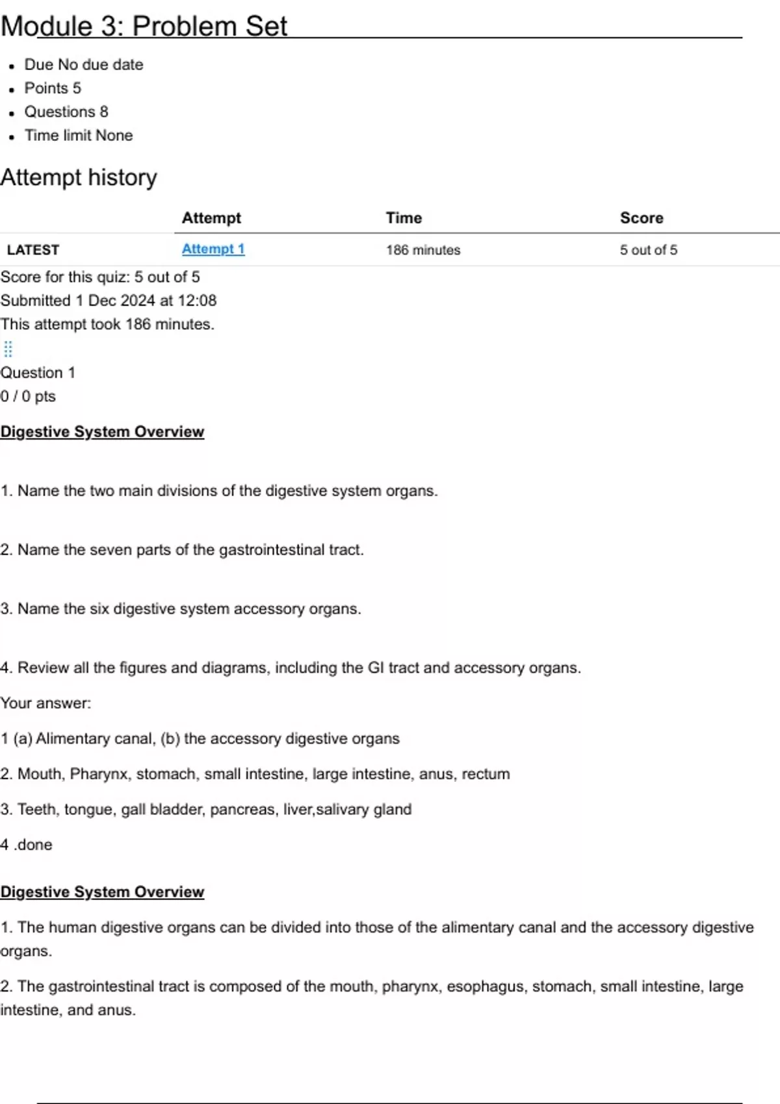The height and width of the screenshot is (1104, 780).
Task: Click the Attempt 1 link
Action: (x=213, y=249)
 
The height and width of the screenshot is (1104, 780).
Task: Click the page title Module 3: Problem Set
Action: (x=144, y=27)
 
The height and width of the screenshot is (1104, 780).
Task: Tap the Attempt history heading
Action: (x=79, y=177)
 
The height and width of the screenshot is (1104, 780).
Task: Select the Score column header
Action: (x=642, y=218)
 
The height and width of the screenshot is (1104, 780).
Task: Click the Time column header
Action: (x=404, y=218)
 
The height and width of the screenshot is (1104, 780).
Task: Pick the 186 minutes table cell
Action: (x=423, y=250)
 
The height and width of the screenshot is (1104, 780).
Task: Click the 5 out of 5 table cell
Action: (x=648, y=250)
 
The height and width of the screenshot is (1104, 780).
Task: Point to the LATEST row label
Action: (x=33, y=250)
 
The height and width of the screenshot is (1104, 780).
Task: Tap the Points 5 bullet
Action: (x=53, y=88)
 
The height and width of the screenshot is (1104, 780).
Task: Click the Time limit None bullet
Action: (x=79, y=136)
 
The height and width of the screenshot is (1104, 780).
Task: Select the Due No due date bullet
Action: (x=84, y=65)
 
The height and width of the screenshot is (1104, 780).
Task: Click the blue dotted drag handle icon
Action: (x=8, y=349)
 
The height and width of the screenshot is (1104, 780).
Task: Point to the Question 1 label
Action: (x=38, y=373)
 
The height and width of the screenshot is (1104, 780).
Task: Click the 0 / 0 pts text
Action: (x=28, y=396)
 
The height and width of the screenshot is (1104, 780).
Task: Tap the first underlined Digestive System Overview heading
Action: (x=102, y=432)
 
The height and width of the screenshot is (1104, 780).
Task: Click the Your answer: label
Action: (x=45, y=703)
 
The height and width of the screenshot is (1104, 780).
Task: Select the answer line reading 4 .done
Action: (x=27, y=845)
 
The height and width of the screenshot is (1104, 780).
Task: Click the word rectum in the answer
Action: (x=486, y=774)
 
